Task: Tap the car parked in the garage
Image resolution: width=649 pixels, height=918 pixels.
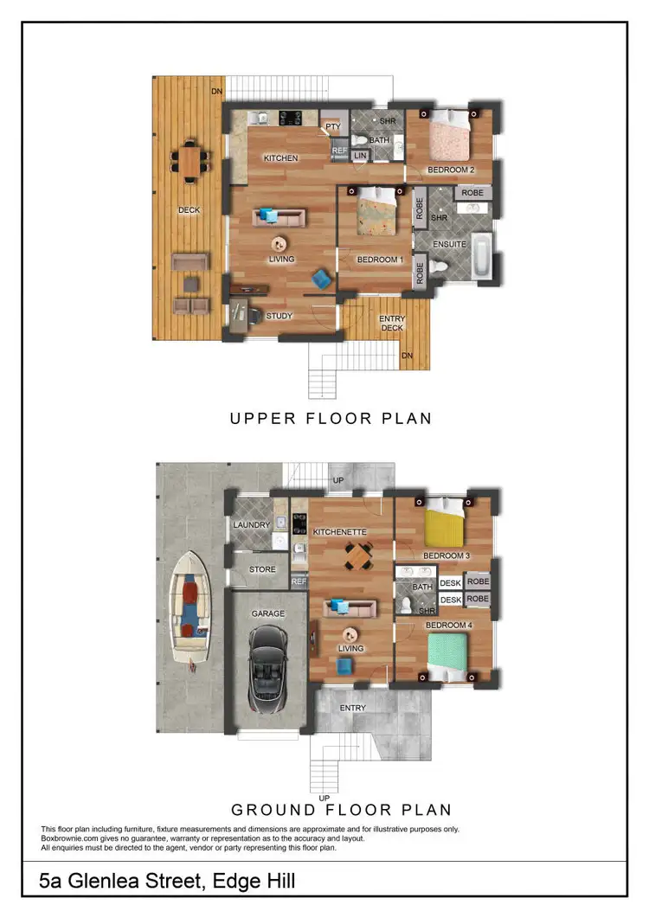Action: click(x=267, y=663)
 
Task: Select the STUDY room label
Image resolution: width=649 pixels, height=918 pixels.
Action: click(x=279, y=317)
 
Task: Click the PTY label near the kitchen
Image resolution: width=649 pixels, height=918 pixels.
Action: click(x=332, y=127)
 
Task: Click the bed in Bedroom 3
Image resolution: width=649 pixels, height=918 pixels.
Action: click(x=445, y=524)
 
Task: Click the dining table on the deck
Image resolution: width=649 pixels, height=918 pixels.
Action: click(x=190, y=160)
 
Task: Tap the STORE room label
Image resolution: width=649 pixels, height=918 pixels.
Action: click(x=262, y=569)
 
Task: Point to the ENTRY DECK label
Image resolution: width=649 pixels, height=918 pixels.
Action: click(x=392, y=324)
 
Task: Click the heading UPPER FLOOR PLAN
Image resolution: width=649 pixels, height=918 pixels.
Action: click(x=331, y=419)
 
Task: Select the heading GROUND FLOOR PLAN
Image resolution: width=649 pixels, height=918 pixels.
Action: click(x=341, y=811)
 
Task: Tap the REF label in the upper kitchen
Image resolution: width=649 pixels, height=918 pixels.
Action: click(x=339, y=150)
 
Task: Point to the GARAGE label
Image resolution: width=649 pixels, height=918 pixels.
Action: click(x=267, y=613)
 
